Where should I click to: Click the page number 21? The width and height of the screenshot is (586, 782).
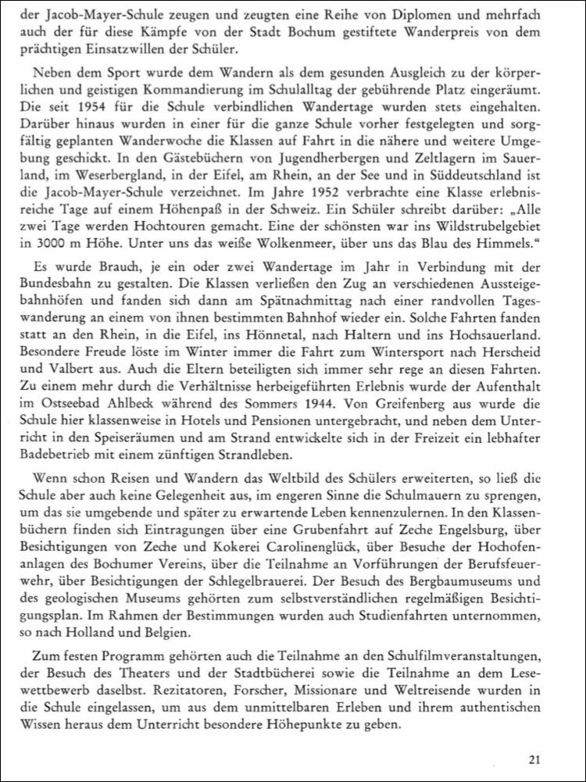[x=534, y=758]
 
